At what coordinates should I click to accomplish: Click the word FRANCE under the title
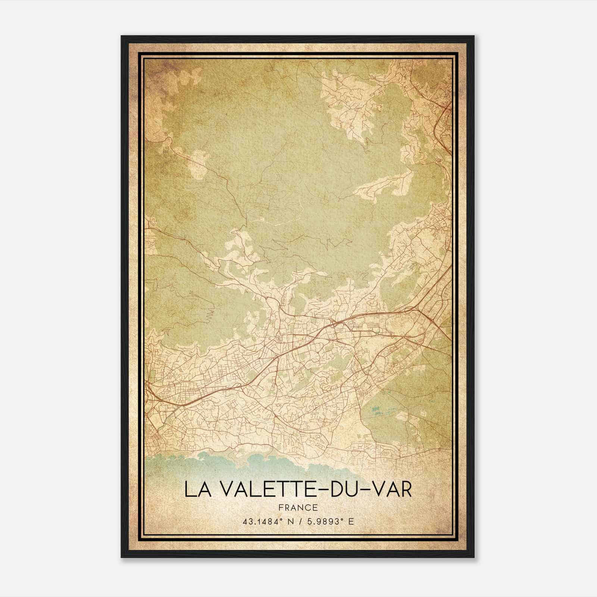coord(298,507)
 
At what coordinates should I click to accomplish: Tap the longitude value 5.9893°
coord(327,522)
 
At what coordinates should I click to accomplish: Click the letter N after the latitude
coord(287,522)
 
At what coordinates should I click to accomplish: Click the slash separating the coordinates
coord(298,522)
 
